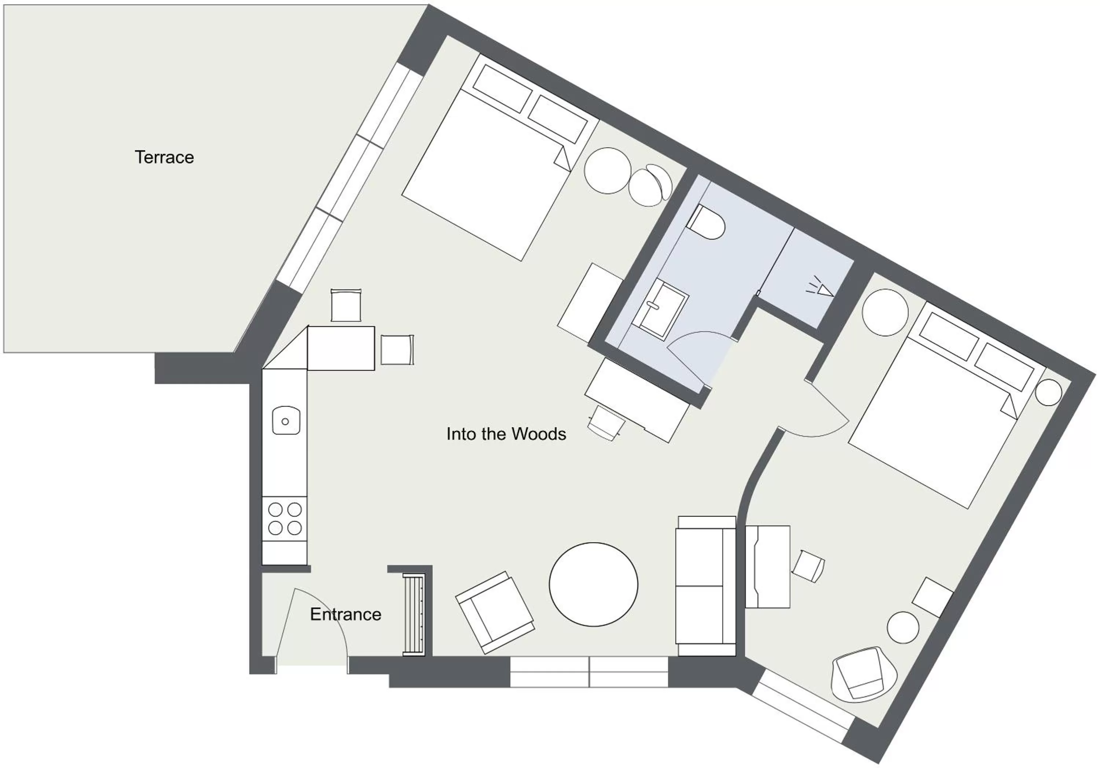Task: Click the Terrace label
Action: pyautogui.click(x=164, y=158)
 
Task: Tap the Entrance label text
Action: pyautogui.click(x=345, y=614)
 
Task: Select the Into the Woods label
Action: pyautogui.click(x=506, y=434)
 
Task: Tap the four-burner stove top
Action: pyautogui.click(x=285, y=518)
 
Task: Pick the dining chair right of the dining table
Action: pyautogui.click(x=397, y=350)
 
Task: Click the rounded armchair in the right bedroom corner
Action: pyautogui.click(x=864, y=675)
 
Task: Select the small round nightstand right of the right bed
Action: pyautogui.click(x=1048, y=393)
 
